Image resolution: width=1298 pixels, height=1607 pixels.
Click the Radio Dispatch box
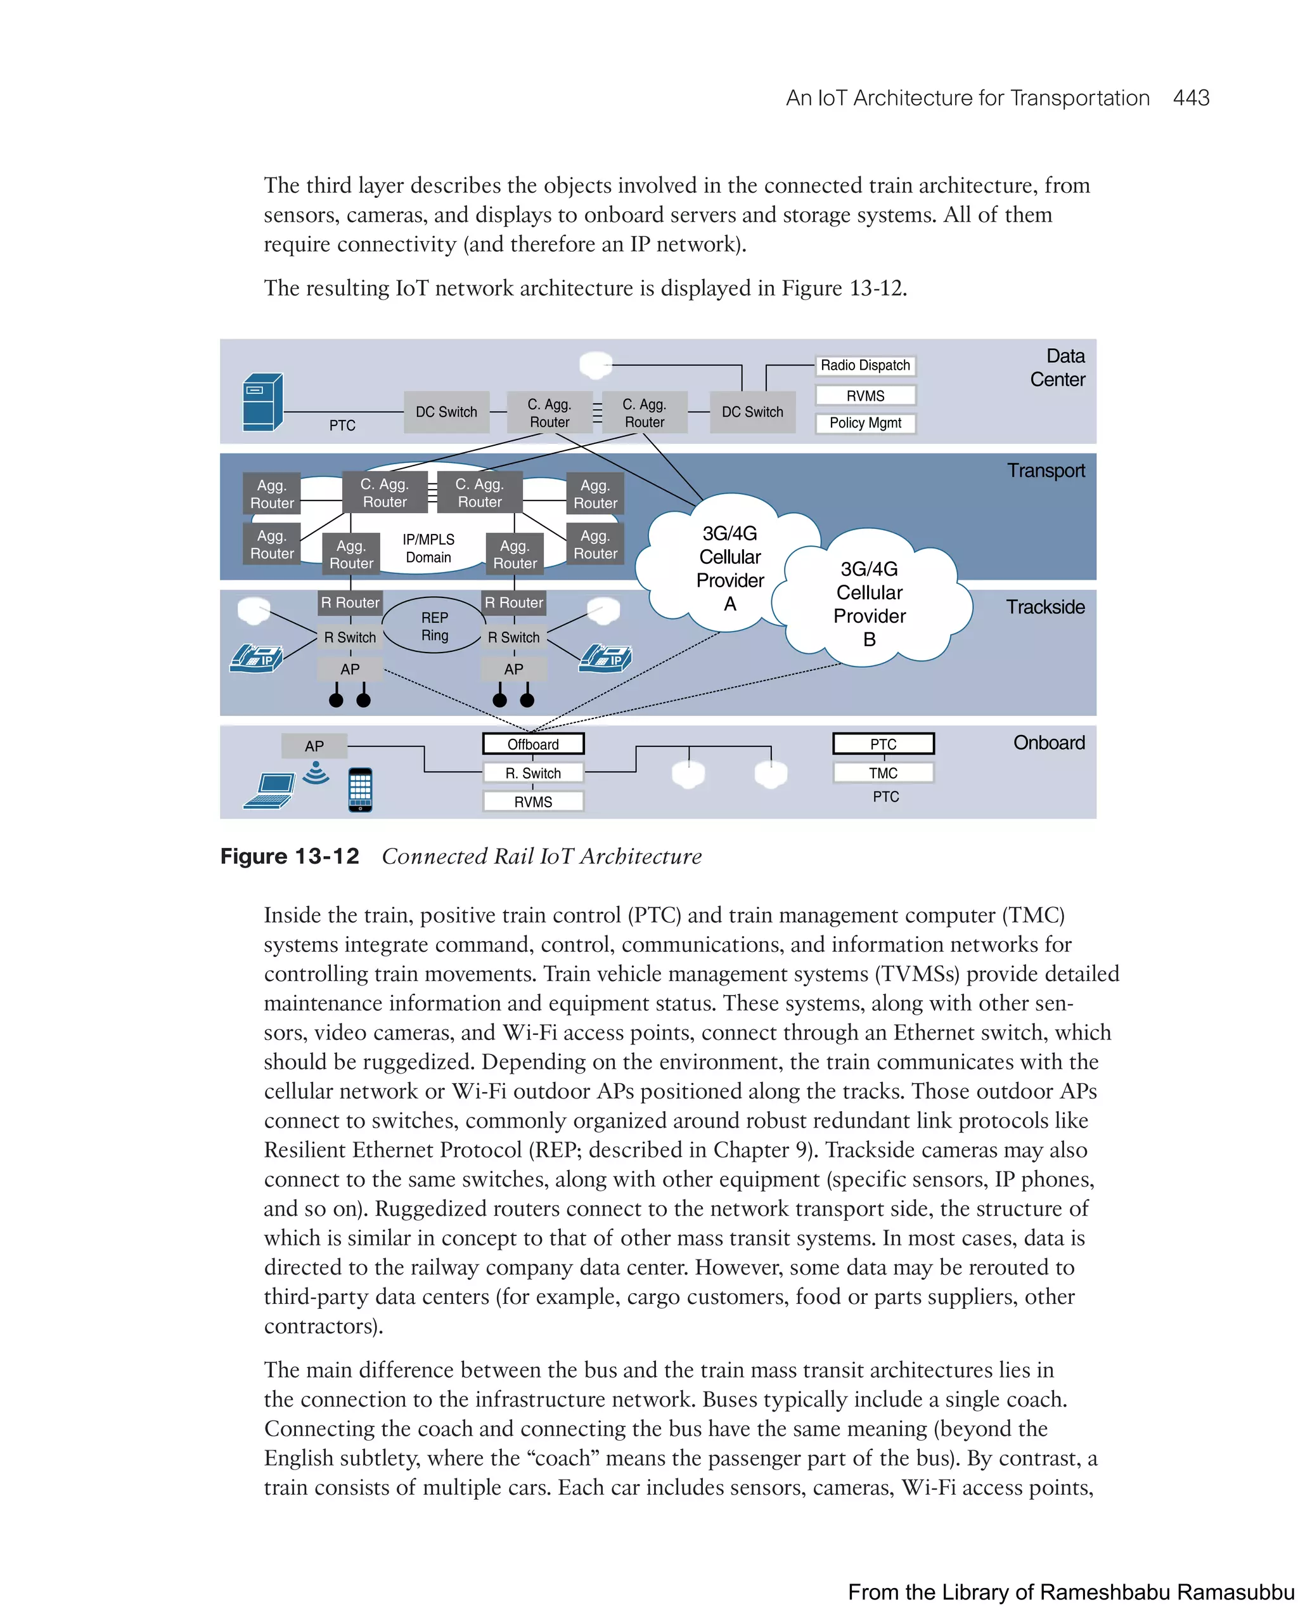click(x=864, y=365)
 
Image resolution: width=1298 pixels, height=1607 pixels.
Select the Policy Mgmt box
click(x=864, y=423)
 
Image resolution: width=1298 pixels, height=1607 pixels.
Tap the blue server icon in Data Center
click(x=262, y=402)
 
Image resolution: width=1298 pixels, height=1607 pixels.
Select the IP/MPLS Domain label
click(x=428, y=548)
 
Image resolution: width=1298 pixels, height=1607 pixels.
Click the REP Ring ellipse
click(x=434, y=626)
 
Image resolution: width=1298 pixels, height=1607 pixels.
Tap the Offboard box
click(x=532, y=744)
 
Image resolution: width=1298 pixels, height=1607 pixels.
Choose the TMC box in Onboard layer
click(x=882, y=772)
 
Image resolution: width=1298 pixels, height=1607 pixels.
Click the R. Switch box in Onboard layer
click(x=532, y=773)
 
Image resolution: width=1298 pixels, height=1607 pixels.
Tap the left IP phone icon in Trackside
click(x=257, y=658)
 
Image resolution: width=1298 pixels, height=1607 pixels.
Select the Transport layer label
click(x=1044, y=471)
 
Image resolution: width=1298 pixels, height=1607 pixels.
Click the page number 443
click(x=1190, y=98)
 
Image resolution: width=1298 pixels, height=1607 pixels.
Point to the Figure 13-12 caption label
click(x=290, y=856)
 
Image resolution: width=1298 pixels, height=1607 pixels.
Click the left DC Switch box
click(x=446, y=412)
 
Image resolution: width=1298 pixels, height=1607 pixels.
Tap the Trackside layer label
click(x=1044, y=607)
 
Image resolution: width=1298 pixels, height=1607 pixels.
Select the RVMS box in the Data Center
click(x=864, y=395)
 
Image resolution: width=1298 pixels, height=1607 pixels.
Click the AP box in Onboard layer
click(x=314, y=746)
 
